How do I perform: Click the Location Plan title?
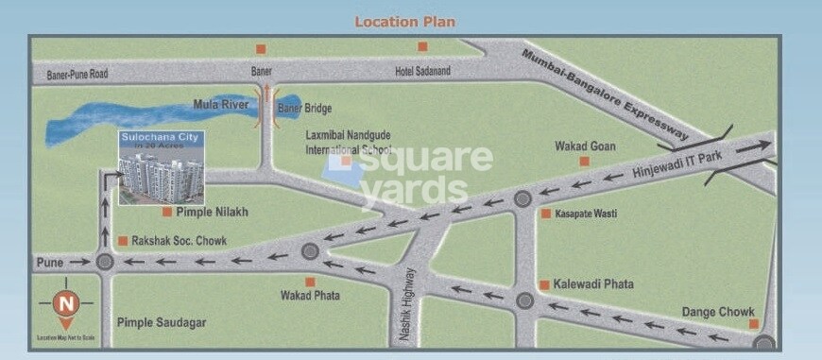404,21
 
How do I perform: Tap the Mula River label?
220,104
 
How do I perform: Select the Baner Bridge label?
304,109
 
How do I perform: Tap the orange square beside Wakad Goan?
584,162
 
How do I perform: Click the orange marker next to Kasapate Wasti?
546,214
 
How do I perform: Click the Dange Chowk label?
717,312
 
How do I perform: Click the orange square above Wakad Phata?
309,281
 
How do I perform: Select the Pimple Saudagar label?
161,322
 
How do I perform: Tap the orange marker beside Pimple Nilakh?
167,212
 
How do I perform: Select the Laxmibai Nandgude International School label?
349,143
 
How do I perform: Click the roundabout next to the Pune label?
105,262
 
